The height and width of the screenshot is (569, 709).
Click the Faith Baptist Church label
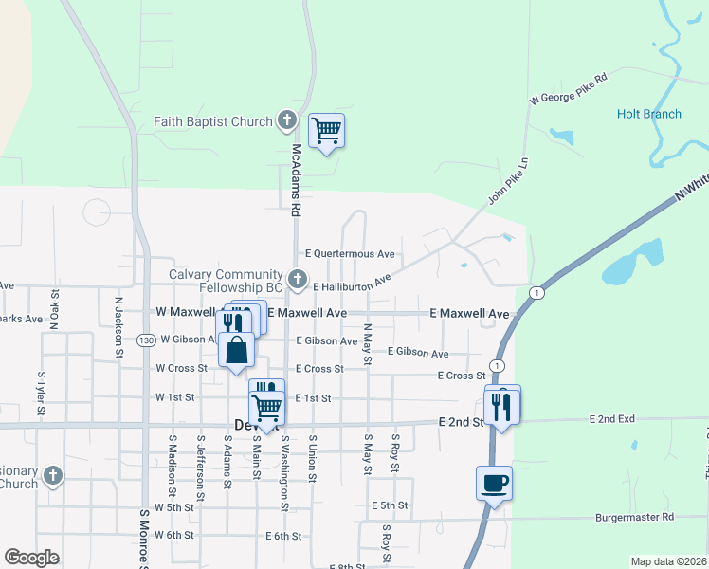pos(214,121)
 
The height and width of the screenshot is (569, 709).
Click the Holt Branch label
pos(648,114)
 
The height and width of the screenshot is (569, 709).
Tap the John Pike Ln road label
pos(507,181)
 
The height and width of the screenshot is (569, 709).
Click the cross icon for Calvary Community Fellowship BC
pos(298,280)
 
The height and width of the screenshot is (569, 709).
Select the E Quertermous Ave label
pos(350,254)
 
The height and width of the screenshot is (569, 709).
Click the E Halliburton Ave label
pos(351,283)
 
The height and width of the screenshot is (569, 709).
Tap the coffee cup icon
pos(494,483)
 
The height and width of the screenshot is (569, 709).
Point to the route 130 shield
pos(145,340)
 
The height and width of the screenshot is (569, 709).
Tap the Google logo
pos(31,558)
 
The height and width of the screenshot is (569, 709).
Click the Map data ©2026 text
pos(667,561)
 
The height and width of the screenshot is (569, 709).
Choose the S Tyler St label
pos(42,394)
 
